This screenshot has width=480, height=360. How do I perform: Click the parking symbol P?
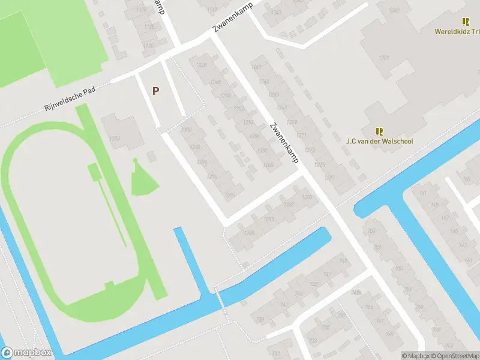pyautogui.click(x=156, y=91)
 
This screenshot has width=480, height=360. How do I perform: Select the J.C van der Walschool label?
pyautogui.click(x=379, y=142)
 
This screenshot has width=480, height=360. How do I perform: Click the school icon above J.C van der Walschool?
pyautogui.click(x=379, y=131)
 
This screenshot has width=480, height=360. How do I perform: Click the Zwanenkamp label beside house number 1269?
pyautogui.click(x=284, y=143)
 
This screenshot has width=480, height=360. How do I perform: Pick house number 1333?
pyautogui.click(x=114, y=139)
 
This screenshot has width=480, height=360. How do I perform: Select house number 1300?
pyautogui.click(x=186, y=130)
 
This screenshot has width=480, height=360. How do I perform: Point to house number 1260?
pyautogui.click(x=268, y=165)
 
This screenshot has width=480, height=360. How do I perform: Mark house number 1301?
pyautogui.click(x=384, y=58)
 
